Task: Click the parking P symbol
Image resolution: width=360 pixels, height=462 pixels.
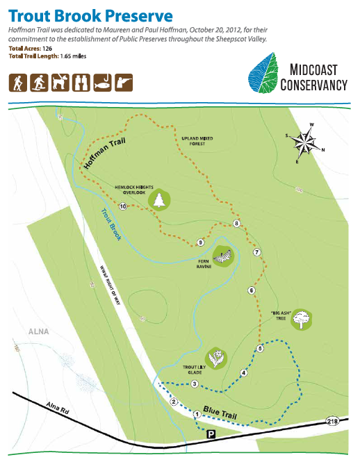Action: (211, 434)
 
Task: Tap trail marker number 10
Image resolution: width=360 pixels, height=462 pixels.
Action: (122, 206)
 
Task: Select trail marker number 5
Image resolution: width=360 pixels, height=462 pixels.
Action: (260, 348)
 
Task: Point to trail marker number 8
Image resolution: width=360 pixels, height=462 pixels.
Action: (237, 223)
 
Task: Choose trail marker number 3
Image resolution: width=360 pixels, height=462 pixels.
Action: (195, 384)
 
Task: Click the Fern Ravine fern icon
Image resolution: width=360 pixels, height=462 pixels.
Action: (223, 256)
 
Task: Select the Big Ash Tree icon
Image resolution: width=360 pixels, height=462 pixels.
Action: (301, 320)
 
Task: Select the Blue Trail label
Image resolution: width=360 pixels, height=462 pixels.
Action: (220, 415)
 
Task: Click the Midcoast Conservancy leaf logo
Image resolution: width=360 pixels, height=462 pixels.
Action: (262, 75)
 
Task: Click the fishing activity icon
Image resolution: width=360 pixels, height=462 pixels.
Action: (124, 83)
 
